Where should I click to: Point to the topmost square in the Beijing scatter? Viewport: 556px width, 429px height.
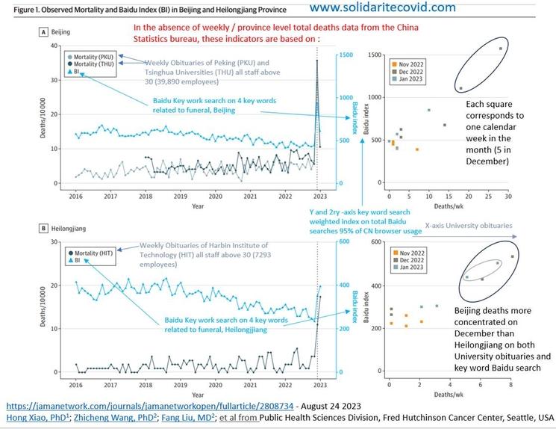tap(499, 49)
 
